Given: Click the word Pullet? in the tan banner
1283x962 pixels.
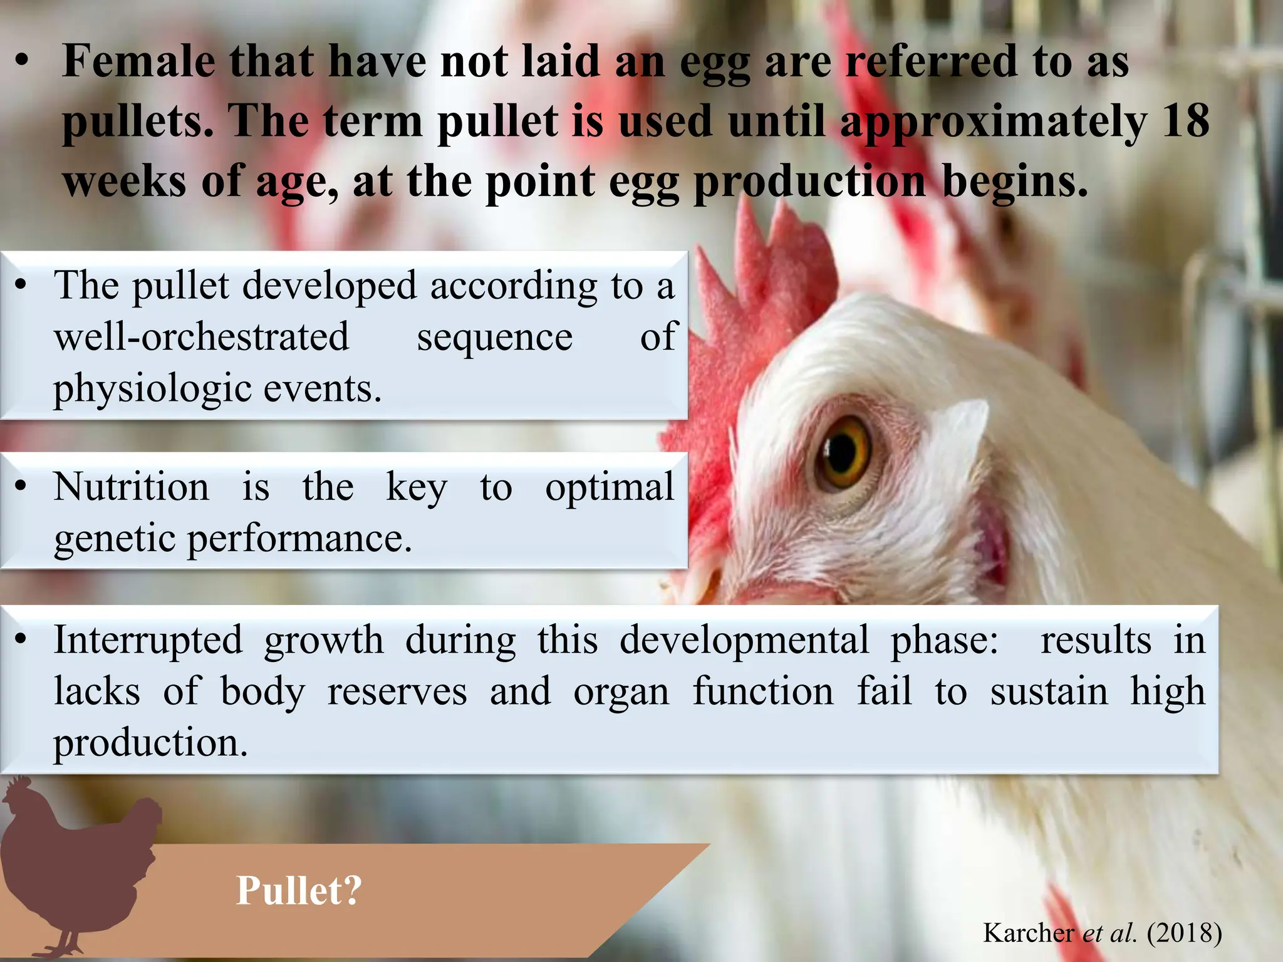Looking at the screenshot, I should (x=299, y=890).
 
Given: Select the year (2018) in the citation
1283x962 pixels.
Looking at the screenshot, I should (x=1184, y=933).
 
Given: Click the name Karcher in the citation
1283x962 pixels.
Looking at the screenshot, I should (x=1028, y=933).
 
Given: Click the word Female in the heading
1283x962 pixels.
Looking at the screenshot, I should (x=138, y=61).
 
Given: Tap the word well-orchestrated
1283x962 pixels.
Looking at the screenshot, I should (x=201, y=336).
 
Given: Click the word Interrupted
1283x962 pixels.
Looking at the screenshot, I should (x=148, y=640).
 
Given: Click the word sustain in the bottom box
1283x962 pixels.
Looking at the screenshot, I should (x=1049, y=692).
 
